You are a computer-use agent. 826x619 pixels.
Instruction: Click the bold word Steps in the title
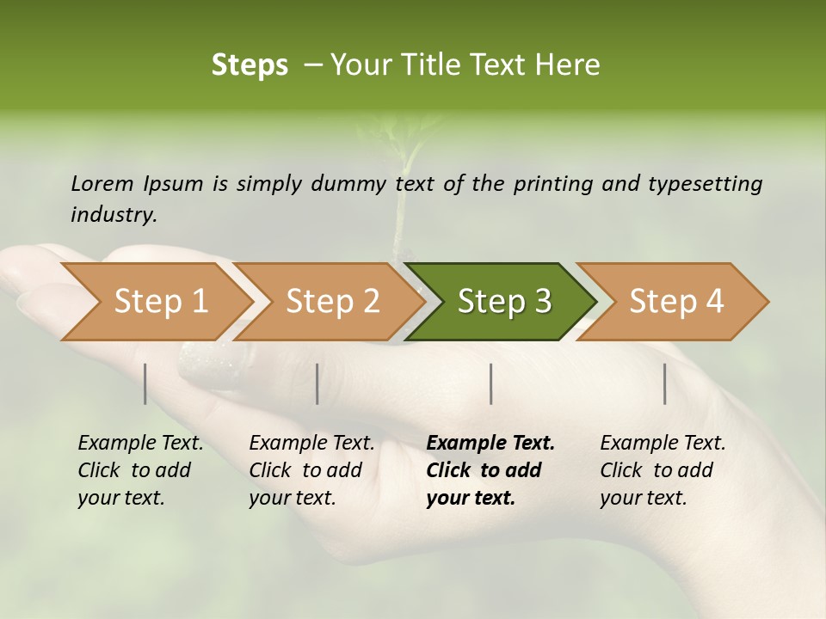point(250,64)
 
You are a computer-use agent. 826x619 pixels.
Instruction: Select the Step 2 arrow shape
point(332,302)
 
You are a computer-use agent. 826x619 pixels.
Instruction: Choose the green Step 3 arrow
point(504,302)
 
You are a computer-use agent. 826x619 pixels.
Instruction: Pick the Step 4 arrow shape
point(676,302)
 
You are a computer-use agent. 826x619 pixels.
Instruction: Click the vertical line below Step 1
point(145,383)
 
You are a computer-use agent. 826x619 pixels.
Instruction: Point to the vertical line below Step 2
point(317,383)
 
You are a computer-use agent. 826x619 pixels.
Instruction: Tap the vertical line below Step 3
point(491,383)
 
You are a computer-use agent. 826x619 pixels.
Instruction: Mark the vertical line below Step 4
point(665,383)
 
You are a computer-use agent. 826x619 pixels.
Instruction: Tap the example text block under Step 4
point(663,470)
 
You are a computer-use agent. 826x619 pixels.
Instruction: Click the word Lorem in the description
point(102,183)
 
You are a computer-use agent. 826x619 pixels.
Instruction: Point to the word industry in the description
point(114,214)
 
